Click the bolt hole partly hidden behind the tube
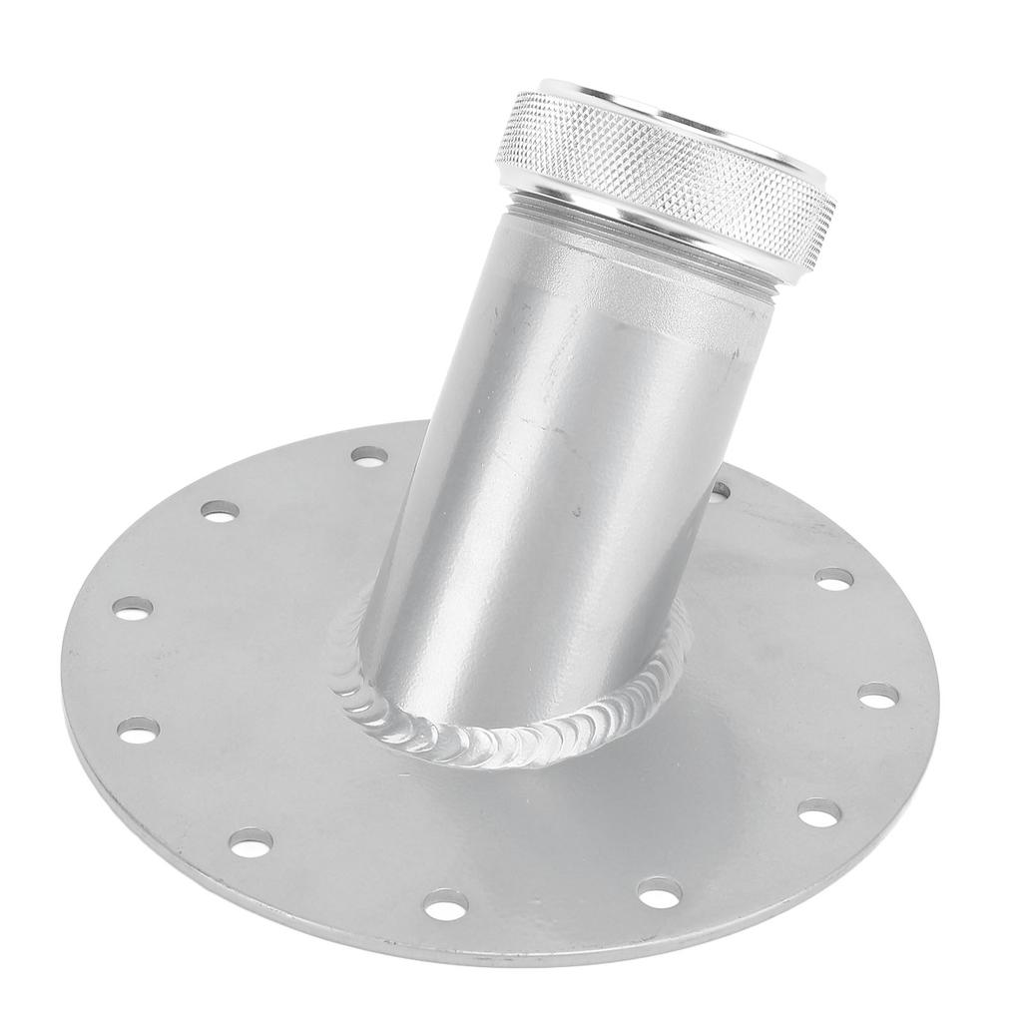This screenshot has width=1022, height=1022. tap(720, 490)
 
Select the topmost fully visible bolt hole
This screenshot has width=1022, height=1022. tap(370, 456)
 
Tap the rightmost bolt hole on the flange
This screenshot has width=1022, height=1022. tap(878, 695)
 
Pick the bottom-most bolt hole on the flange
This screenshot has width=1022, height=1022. tap(445, 904)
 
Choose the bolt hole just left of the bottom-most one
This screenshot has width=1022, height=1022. tap(252, 843)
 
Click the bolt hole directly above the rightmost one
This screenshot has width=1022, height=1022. tap(834, 578)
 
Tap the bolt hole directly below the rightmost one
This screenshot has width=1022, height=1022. tap(817, 813)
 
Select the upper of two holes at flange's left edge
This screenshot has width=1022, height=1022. tap(133, 607)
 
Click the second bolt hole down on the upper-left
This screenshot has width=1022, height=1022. tap(220, 510)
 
